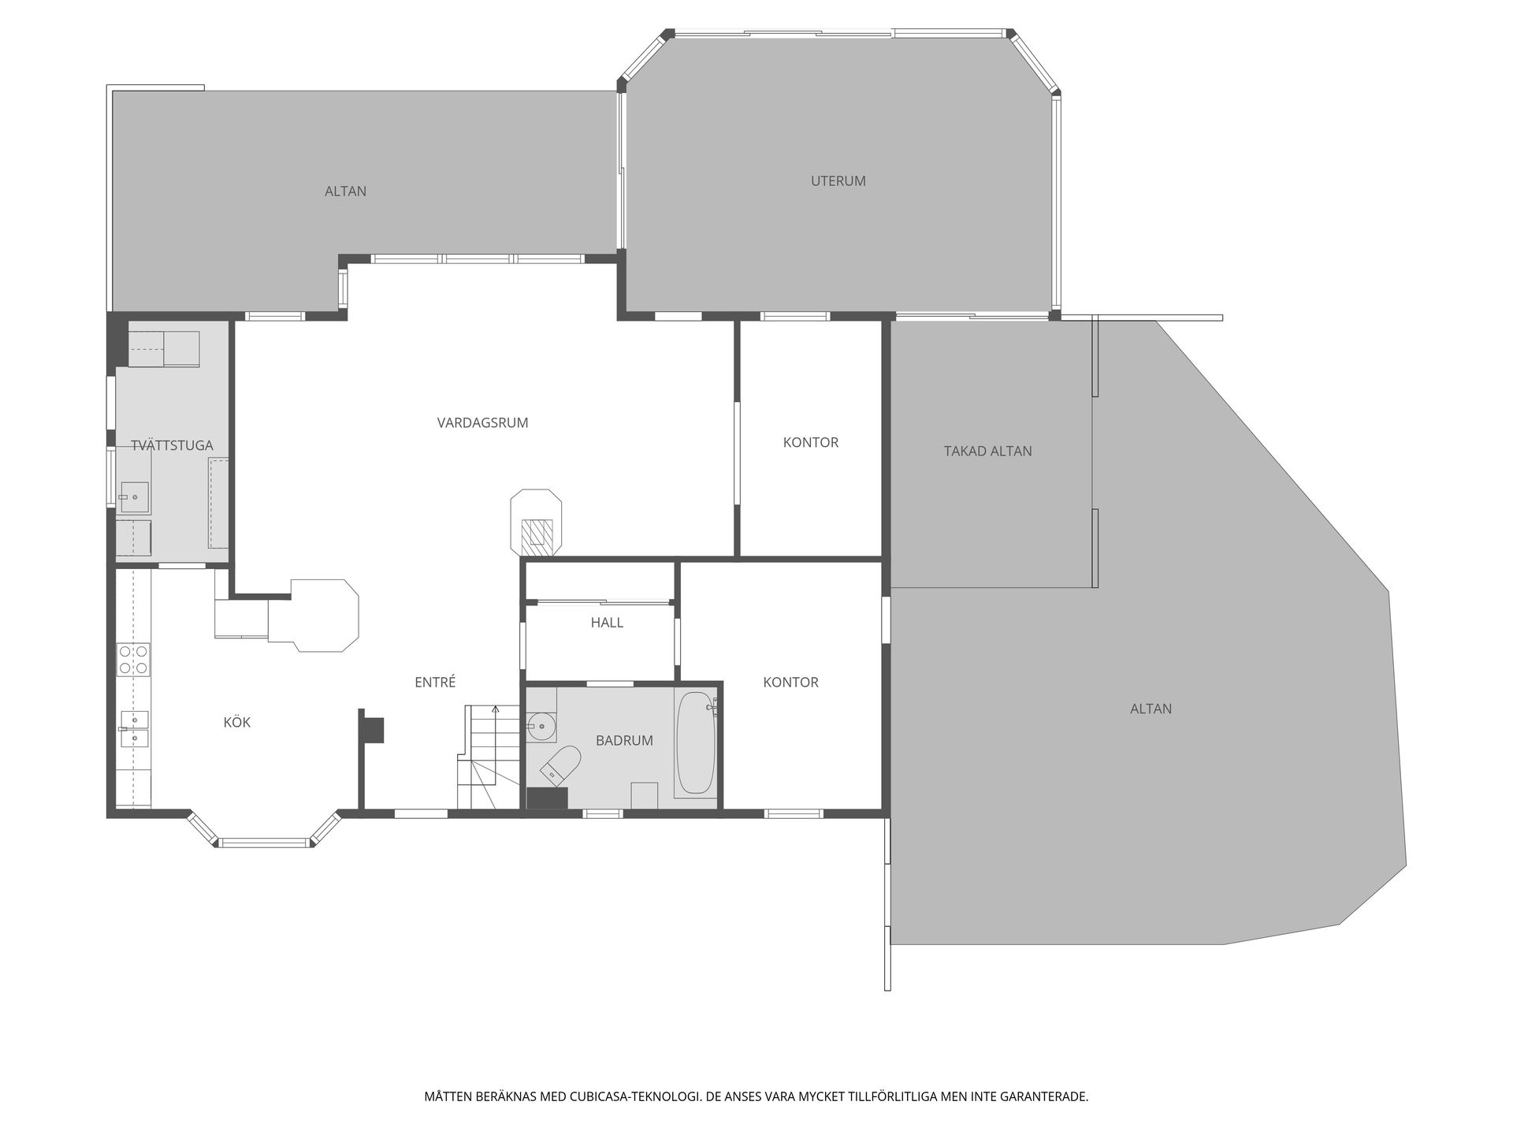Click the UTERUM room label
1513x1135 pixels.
838,181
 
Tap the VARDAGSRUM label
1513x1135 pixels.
482,423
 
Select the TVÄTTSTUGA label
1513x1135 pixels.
172,446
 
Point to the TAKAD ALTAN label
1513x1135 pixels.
987,452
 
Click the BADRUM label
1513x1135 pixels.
624,741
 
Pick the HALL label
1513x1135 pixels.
607,623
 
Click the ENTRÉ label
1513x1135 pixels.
435,683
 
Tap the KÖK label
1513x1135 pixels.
236,723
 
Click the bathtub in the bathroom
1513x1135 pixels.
696,743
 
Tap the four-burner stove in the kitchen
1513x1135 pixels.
133,660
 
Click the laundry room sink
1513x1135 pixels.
135,497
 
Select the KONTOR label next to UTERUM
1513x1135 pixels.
810,443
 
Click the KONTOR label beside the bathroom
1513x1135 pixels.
790,683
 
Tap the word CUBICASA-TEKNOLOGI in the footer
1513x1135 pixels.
634,1096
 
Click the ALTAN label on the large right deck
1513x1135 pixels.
1151,709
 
